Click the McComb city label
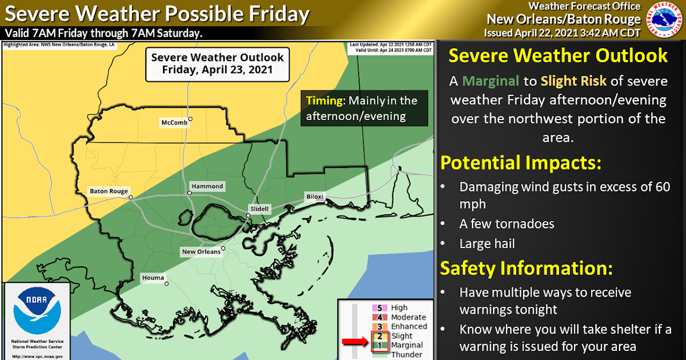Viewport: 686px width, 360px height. point(173,122)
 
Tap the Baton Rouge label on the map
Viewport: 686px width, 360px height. point(109,191)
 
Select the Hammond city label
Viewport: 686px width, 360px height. point(206,186)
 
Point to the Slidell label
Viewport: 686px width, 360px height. point(258,209)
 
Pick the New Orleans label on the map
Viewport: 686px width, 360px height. point(200,251)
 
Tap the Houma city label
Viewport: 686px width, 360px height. point(151,278)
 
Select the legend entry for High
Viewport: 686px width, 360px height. point(399,308)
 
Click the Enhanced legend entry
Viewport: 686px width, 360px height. point(409,326)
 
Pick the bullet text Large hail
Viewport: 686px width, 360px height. point(487,243)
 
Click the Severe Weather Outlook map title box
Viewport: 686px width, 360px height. point(217,64)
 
